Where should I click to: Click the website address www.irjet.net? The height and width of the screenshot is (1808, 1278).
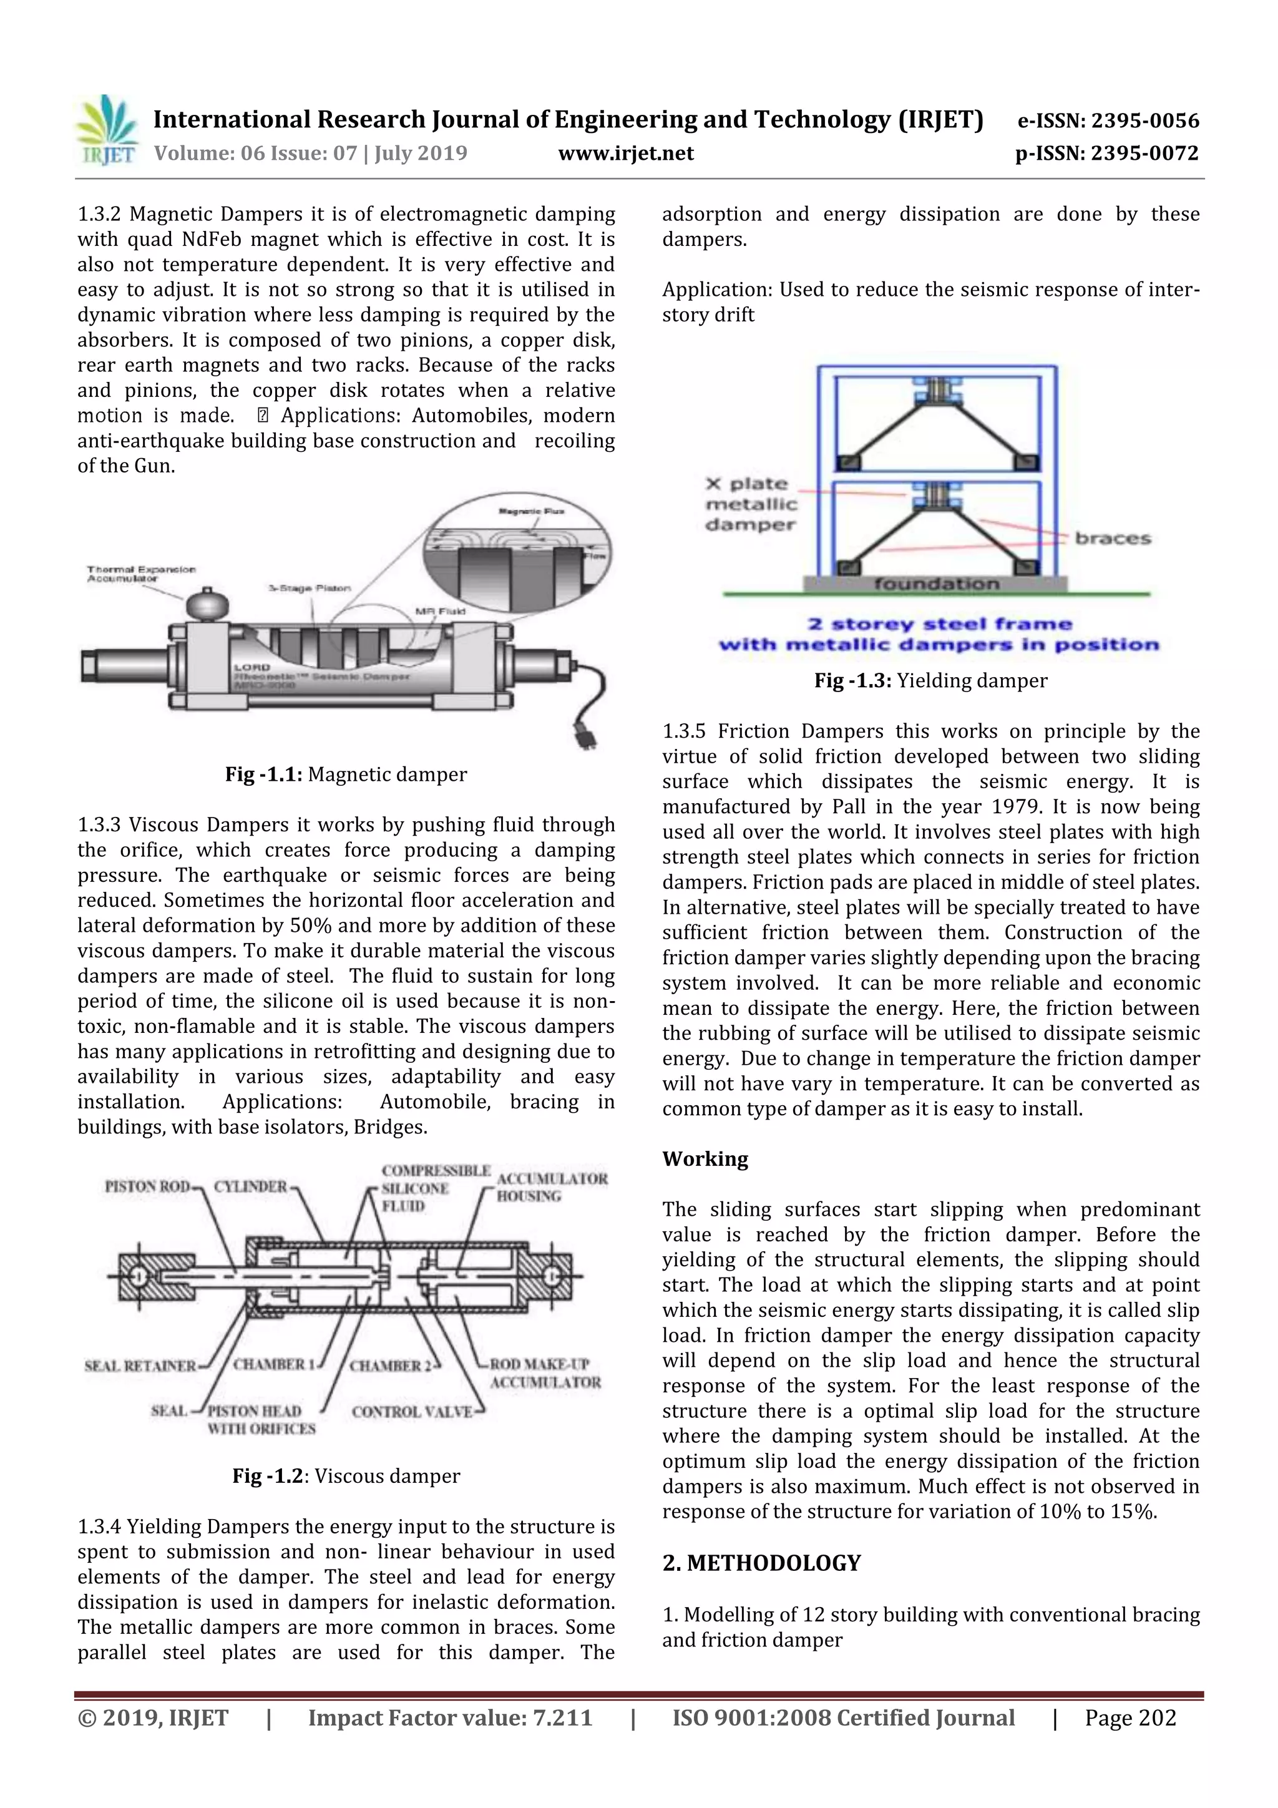point(626,153)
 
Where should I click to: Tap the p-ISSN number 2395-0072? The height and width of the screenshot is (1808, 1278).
point(1144,153)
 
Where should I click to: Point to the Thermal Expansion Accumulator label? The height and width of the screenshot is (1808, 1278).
point(141,574)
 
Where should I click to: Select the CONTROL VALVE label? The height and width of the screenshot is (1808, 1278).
point(412,1412)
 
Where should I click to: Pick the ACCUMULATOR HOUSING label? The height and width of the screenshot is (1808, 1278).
point(551,1186)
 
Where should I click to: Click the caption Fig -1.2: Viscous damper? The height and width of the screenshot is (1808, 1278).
point(346,1476)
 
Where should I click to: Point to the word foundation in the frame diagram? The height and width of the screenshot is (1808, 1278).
point(935,584)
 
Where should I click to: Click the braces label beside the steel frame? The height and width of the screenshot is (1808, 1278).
point(1113,539)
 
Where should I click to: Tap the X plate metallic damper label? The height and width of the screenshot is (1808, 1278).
point(751,504)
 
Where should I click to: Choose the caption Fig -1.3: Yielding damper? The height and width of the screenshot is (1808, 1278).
point(931,680)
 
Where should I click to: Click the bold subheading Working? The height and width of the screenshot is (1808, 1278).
point(705,1158)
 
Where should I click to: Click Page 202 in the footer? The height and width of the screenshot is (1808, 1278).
point(1130,1718)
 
